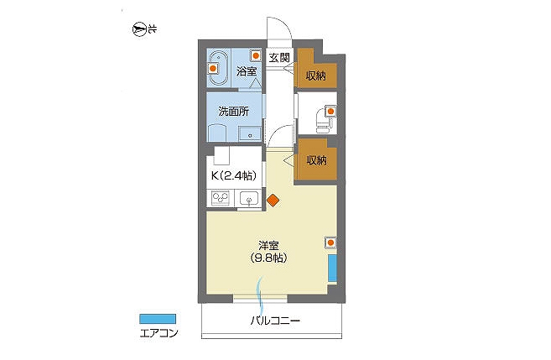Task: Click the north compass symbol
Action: click(x=139, y=29)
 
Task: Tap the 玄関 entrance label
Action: click(x=279, y=57)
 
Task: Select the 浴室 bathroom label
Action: click(x=247, y=71)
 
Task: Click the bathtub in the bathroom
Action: click(x=218, y=69)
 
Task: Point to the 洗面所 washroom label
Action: click(x=234, y=112)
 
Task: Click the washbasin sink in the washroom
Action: click(x=249, y=134)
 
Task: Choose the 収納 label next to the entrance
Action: click(x=315, y=76)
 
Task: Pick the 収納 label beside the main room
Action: click(x=317, y=160)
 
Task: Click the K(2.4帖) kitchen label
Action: click(x=234, y=175)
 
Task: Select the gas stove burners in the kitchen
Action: click(x=221, y=199)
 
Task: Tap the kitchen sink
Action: click(x=249, y=199)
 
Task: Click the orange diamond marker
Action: click(x=273, y=201)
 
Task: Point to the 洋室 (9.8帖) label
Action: click(x=269, y=252)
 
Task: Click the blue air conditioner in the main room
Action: click(x=332, y=268)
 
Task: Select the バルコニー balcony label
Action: click(x=275, y=321)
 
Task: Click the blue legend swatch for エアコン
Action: click(x=158, y=319)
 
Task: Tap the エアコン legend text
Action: click(x=159, y=333)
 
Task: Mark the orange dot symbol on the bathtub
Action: click(x=212, y=69)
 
